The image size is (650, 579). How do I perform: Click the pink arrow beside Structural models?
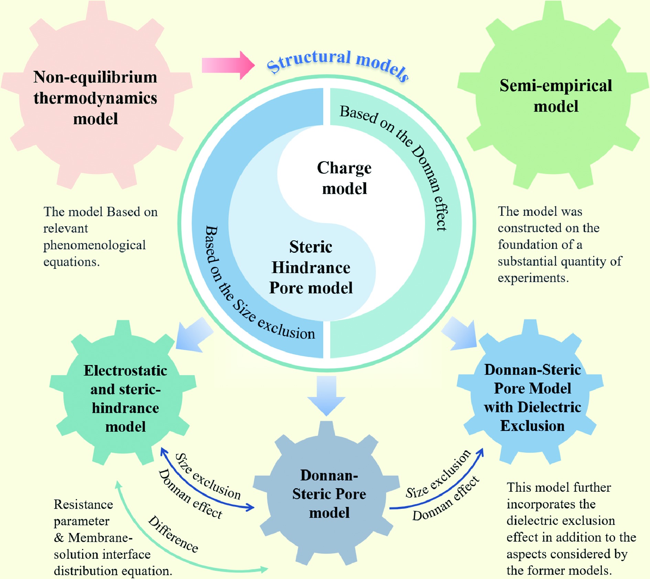[x=228, y=65]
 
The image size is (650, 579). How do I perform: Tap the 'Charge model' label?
[x=344, y=178]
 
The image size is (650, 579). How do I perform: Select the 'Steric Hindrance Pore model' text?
[x=311, y=268]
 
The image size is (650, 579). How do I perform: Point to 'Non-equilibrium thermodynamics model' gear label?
[x=95, y=98]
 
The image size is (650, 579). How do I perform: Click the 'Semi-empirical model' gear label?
[x=556, y=95]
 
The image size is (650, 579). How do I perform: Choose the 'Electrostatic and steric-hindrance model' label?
[x=125, y=398]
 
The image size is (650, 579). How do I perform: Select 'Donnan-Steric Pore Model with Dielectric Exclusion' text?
[x=532, y=398]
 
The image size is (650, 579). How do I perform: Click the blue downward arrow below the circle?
[x=326, y=395]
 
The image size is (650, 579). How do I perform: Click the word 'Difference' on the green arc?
[x=173, y=534]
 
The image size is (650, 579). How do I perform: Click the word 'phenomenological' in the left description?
[x=95, y=245]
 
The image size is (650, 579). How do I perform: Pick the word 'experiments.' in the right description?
[x=533, y=278]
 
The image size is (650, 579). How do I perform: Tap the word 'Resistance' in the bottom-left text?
[x=84, y=504]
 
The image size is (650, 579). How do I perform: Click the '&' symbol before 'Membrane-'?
[x=59, y=538]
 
